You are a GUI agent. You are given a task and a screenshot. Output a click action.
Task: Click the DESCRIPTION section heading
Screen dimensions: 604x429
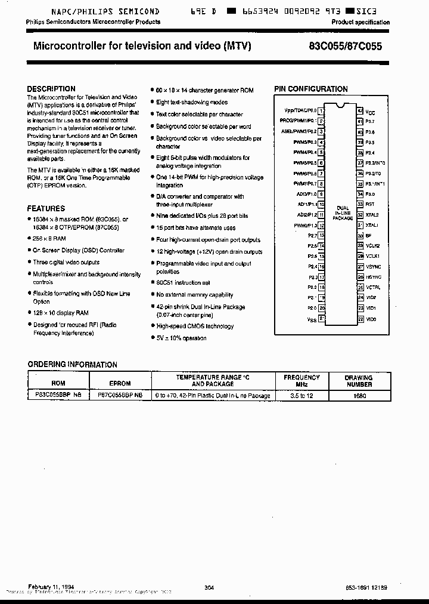pos(51,89)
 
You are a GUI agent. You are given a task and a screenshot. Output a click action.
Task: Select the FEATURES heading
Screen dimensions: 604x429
pos(46,208)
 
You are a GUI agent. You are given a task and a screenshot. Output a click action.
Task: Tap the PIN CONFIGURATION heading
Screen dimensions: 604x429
pos(310,89)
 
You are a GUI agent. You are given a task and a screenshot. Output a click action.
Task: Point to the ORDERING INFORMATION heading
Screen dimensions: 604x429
pos(73,364)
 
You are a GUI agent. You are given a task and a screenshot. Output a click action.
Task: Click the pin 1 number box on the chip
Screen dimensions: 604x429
pos(321,110)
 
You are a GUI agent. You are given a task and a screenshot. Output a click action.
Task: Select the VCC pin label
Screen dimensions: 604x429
pos(370,112)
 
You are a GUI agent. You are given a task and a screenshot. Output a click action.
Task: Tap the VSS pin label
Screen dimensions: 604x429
pos(312,320)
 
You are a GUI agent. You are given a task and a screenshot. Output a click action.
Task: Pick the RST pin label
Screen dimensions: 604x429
pos(369,204)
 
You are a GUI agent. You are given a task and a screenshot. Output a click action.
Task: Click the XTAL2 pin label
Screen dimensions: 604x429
pos(372,214)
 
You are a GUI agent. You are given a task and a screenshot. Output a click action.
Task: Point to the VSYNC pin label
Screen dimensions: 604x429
pos(373,267)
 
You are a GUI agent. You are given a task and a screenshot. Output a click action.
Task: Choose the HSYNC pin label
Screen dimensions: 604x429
pos(373,277)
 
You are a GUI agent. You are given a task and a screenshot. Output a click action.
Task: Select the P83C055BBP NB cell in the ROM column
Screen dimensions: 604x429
pos(55,395)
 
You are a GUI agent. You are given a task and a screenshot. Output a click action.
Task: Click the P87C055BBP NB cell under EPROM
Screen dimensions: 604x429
pos(120,395)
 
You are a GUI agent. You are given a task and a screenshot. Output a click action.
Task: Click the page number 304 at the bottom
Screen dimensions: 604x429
pos(209,588)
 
